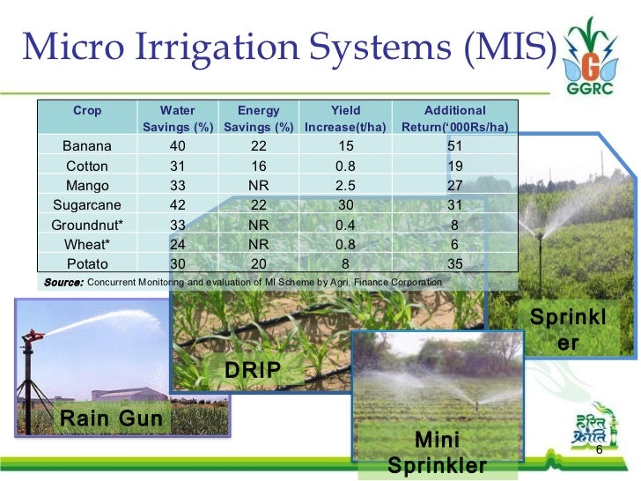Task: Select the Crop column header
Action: coord(87,111)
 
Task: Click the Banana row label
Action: coord(87,146)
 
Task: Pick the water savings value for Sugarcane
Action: coord(180,204)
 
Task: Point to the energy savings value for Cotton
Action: coord(258,166)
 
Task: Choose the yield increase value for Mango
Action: coord(344,185)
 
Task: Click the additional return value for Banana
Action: coord(454,146)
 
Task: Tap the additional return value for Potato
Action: coord(454,263)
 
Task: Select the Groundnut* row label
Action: coord(87,224)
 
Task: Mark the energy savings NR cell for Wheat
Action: coord(258,243)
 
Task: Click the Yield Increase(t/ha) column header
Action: coord(344,120)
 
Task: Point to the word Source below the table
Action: coord(63,282)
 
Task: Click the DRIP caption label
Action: coord(252,371)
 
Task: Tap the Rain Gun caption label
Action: coord(111,418)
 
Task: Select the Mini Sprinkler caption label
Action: coord(438,452)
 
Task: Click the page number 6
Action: coord(599,450)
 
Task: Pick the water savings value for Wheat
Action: coord(180,243)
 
